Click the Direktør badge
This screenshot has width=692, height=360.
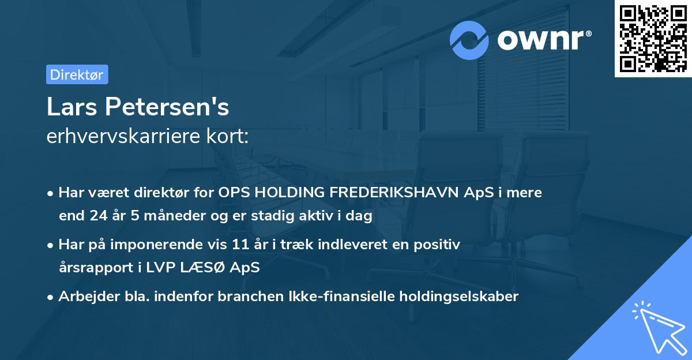pyautogui.click(x=77, y=74)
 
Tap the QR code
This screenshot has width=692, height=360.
pyautogui.click(x=653, y=38)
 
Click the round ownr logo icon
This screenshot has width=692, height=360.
pyautogui.click(x=469, y=40)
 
